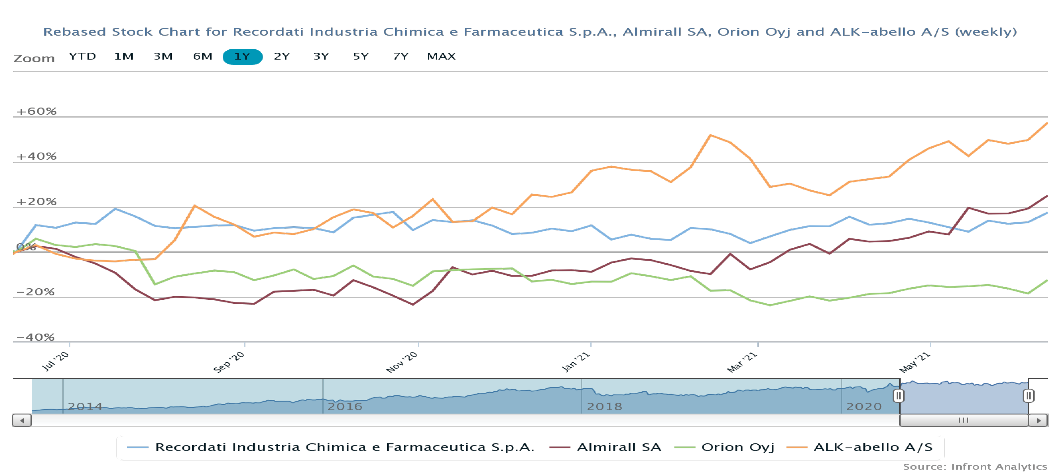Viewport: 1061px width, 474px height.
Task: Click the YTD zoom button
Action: coord(82,57)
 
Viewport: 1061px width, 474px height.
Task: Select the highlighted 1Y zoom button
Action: coord(242,57)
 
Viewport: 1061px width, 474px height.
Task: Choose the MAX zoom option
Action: coord(441,57)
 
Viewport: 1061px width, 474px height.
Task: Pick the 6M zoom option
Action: coord(202,57)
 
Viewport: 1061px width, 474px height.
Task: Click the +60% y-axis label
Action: coord(36,111)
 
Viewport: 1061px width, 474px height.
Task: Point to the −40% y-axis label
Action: coord(35,337)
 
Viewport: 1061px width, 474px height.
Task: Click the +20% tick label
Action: coord(36,202)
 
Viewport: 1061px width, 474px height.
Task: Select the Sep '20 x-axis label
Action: coord(229,362)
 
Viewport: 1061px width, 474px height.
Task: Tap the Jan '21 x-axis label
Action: coord(576,362)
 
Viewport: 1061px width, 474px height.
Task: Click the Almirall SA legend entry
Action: coord(619,447)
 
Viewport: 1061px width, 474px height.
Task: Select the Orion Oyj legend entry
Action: coord(737,447)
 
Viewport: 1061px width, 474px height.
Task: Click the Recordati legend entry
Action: coord(344,447)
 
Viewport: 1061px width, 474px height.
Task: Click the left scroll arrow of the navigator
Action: coord(22,420)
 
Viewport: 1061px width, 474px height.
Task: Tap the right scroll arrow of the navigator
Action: coord(1038,420)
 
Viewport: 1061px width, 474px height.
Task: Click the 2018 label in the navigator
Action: coord(604,406)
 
